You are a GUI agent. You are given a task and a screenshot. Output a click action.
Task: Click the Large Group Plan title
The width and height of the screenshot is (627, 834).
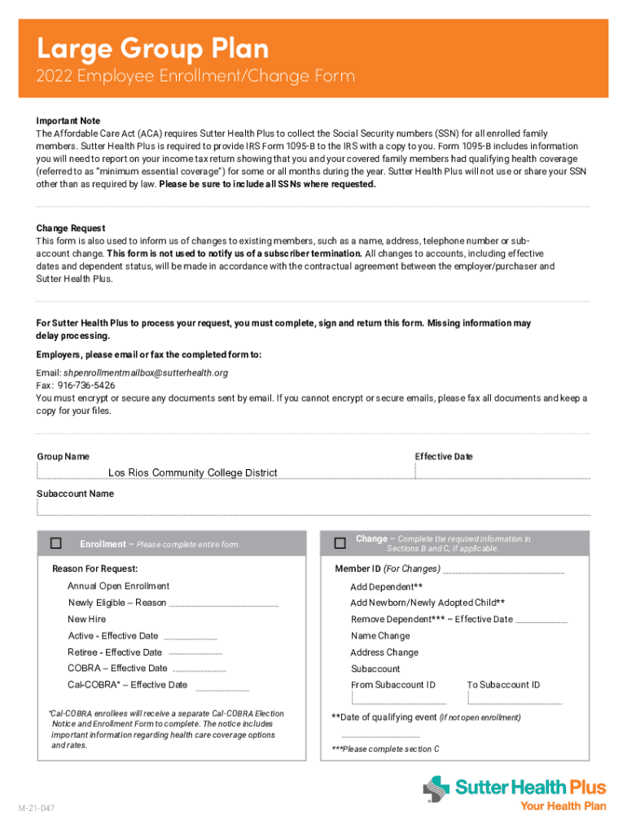[x=152, y=49]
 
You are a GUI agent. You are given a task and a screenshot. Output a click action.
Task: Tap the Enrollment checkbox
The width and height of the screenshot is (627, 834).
[x=56, y=543]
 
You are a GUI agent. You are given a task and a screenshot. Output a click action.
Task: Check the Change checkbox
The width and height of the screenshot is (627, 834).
[x=340, y=542]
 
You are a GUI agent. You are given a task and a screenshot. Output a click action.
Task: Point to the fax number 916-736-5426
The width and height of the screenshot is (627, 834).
[x=86, y=385]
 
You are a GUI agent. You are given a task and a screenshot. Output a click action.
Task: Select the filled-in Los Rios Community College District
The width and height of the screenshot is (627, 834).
[x=192, y=473]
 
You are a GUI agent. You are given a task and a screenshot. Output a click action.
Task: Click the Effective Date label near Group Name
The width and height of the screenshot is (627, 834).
[x=444, y=457]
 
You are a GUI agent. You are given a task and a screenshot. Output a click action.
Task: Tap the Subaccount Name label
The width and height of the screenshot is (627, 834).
[x=75, y=494]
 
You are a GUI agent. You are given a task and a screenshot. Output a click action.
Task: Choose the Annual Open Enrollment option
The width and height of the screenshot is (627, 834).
[x=118, y=586]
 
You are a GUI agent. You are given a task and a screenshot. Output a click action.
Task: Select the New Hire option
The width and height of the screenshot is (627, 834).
[x=86, y=620]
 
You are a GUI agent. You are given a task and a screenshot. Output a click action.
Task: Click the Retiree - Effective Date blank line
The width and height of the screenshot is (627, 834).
[x=195, y=653]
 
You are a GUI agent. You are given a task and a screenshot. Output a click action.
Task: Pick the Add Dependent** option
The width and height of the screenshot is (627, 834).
[x=386, y=587]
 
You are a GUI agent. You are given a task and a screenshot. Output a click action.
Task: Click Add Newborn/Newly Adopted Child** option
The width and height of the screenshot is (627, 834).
[x=427, y=604]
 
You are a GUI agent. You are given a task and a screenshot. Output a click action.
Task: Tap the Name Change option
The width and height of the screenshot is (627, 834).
[x=380, y=636]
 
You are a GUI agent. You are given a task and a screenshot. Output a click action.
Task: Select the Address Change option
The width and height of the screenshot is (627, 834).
[x=384, y=652]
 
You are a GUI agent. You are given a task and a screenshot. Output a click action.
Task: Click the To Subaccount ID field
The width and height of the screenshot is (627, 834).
[x=515, y=698]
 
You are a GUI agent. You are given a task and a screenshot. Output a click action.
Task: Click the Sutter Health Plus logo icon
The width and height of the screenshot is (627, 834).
[x=436, y=789]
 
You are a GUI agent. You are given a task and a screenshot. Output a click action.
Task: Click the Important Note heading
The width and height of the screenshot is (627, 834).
[x=68, y=121]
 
